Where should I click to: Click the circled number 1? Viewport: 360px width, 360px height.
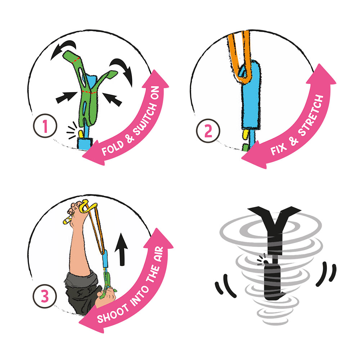pos(45,126)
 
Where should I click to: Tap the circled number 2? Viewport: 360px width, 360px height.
pos(208,131)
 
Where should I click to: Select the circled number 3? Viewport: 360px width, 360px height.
pos(45,296)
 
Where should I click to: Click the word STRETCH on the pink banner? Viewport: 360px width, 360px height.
pos(311,115)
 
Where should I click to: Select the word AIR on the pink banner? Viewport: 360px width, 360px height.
pos(159,254)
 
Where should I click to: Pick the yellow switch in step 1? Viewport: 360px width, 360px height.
pos(81,134)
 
